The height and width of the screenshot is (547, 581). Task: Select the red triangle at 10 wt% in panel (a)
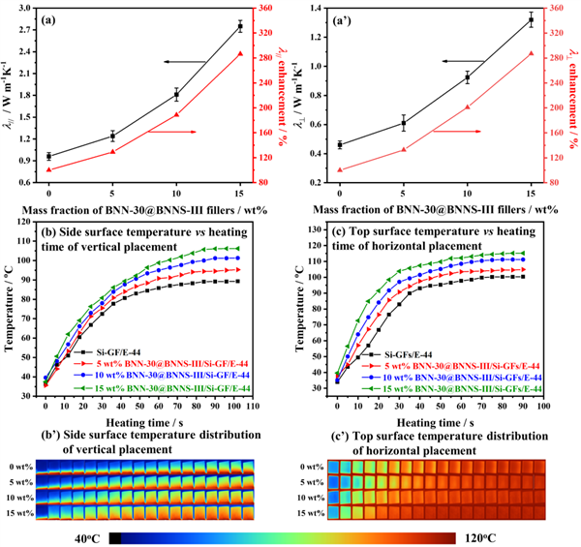[x=176, y=114]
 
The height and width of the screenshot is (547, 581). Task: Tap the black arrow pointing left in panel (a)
[x=184, y=61]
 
